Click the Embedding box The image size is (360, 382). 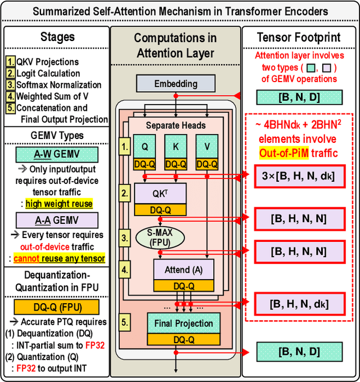point(176,84)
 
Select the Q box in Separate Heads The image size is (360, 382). point(145,146)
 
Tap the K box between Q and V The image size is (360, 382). point(175,146)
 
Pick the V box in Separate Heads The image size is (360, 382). point(206,146)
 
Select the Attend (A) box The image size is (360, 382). point(183,269)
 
